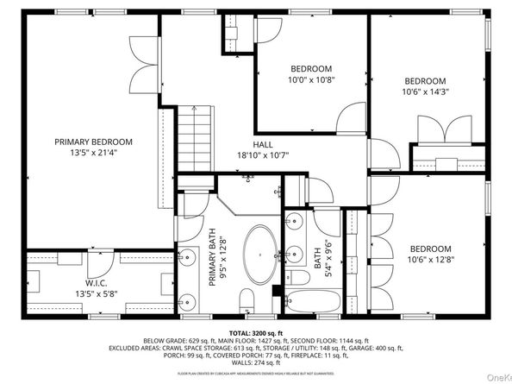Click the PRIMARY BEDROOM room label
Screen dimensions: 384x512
(93, 142)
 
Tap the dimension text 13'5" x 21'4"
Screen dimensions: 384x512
(93, 154)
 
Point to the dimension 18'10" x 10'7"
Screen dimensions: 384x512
(263, 156)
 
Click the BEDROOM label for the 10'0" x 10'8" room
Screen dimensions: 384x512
(310, 69)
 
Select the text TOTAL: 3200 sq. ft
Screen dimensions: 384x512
(256, 332)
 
